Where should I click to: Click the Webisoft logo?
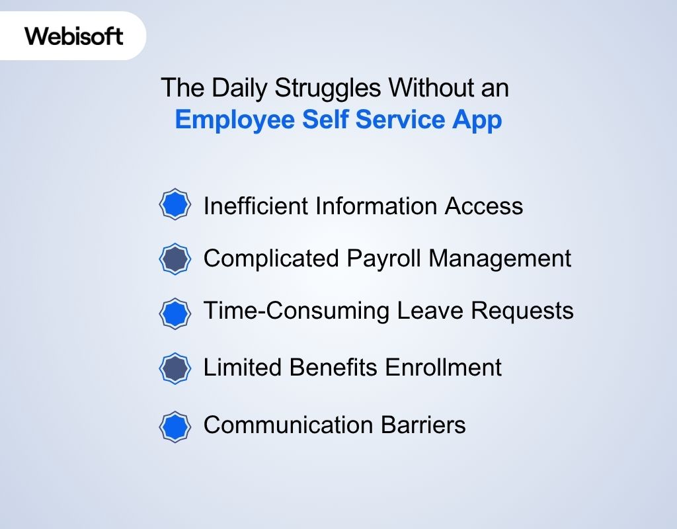pyautogui.click(x=74, y=36)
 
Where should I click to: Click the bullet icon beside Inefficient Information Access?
pyautogui.click(x=175, y=205)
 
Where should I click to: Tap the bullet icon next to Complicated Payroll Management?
pyautogui.click(x=175, y=259)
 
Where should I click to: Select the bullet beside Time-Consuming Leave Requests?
pyautogui.click(x=175, y=313)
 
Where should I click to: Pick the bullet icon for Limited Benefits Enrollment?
pyautogui.click(x=175, y=368)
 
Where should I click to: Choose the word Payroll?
pyautogui.click(x=384, y=259)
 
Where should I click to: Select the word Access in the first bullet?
pyautogui.click(x=484, y=206)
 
